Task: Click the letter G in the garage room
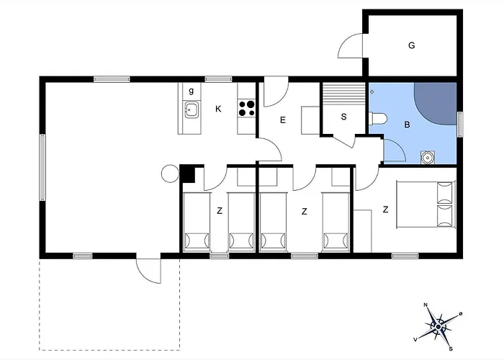[x=411, y=45]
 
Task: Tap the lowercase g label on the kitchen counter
[x=192, y=91]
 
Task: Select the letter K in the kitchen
[x=218, y=109]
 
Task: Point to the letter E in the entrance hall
[x=283, y=120]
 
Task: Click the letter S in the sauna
[x=343, y=117]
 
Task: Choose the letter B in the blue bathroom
[x=407, y=125]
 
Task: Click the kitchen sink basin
[x=192, y=109]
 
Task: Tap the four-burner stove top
[x=247, y=108]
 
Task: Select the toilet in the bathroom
[x=377, y=118]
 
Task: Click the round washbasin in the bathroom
[x=428, y=158]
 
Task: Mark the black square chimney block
[x=187, y=174]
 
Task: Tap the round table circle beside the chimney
[x=170, y=174]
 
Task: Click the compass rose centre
[x=438, y=327]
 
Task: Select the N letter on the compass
[x=426, y=305]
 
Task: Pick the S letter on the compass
[x=451, y=348]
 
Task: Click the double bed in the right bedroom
[x=426, y=204]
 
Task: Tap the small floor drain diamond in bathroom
[x=372, y=92]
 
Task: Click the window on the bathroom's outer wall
[x=460, y=124]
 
